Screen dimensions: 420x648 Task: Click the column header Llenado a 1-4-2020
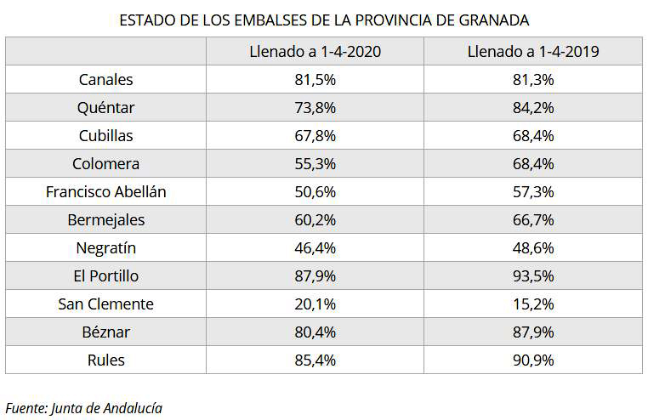(315, 52)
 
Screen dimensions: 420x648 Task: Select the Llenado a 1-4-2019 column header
(533, 52)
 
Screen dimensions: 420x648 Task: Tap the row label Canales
(105, 80)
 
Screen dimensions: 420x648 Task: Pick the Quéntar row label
(105, 108)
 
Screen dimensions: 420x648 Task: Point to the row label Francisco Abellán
(105, 192)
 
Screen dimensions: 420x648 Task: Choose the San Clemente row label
(105, 304)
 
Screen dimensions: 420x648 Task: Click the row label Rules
(105, 360)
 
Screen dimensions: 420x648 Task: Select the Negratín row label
(105, 248)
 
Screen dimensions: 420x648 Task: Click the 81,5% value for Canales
(315, 80)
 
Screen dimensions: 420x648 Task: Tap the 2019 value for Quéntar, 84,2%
(533, 108)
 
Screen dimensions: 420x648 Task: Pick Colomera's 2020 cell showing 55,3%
(315, 164)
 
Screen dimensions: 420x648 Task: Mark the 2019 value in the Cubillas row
(533, 136)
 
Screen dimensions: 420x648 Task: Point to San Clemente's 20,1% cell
(315, 304)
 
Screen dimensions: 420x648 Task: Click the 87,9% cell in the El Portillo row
(315, 276)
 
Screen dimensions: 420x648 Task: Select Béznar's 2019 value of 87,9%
(533, 332)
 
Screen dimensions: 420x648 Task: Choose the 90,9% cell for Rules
(533, 360)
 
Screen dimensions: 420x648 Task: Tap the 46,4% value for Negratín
(315, 248)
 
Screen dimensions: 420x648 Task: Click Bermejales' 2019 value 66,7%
(533, 220)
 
